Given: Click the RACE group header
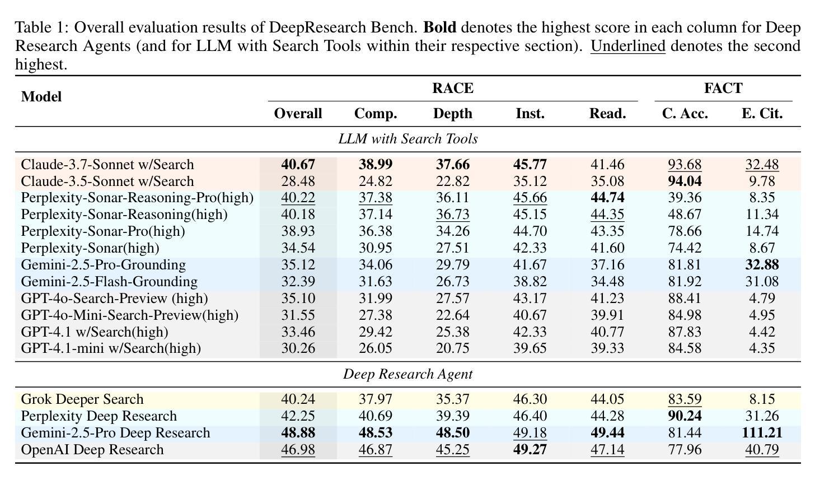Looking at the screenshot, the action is click(453, 88).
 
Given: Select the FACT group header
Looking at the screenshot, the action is click(723, 88).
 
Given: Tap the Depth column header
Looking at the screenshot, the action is click(453, 114).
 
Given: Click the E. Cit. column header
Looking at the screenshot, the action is click(762, 114).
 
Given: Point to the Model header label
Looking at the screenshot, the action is click(41, 96).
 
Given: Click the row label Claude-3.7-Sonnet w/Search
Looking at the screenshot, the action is click(107, 165).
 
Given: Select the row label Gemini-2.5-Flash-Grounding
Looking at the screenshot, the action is click(109, 282).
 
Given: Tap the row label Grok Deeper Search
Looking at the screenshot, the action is click(82, 399).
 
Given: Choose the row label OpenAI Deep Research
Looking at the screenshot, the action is click(92, 449).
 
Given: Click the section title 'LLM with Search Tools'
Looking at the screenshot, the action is click(408, 139).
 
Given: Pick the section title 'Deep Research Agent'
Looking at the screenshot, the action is click(408, 374).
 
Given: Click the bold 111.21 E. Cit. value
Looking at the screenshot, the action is click(762, 432).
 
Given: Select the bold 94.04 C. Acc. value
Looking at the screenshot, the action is click(685, 181).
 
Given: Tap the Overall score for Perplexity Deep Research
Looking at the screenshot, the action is click(298, 416).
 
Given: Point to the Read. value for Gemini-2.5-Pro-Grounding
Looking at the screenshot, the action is click(607, 265).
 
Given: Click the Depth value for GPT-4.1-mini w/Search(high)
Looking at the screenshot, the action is click(453, 348).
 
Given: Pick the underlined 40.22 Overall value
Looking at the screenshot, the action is click(298, 198).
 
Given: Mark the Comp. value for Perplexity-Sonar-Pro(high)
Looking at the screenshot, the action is click(376, 231).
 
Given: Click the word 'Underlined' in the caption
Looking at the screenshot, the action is click(628, 46).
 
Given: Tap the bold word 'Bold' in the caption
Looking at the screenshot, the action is click(440, 27).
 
